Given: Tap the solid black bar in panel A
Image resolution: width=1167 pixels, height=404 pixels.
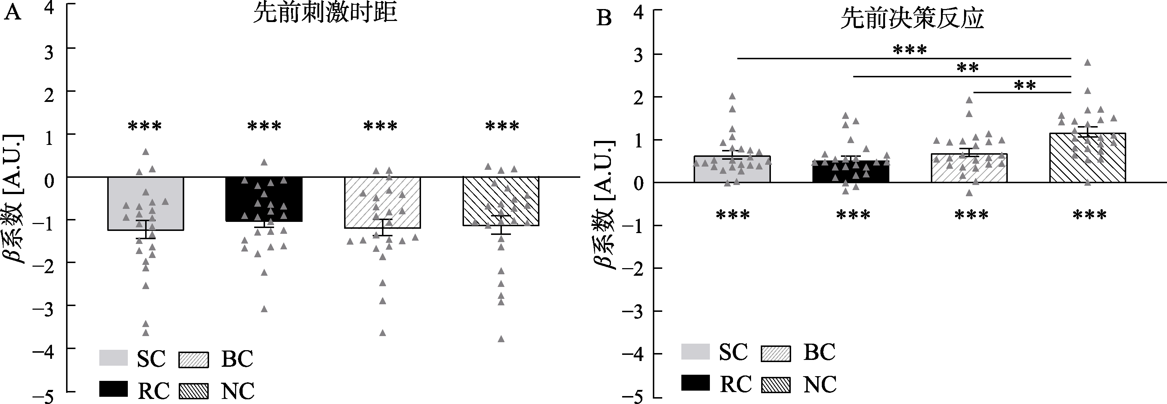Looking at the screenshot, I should click(264, 199).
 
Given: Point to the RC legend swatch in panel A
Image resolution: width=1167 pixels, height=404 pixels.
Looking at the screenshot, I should click(113, 390).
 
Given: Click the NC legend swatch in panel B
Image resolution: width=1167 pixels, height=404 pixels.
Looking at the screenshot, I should click(776, 384).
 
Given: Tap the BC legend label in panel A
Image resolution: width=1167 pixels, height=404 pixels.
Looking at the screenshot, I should click(237, 359).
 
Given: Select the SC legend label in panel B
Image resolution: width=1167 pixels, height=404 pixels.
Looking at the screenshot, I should click(733, 352).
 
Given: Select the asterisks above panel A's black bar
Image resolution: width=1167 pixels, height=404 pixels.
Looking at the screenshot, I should click(264, 126).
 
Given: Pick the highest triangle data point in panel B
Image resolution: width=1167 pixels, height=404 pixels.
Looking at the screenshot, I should click(1087, 63).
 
